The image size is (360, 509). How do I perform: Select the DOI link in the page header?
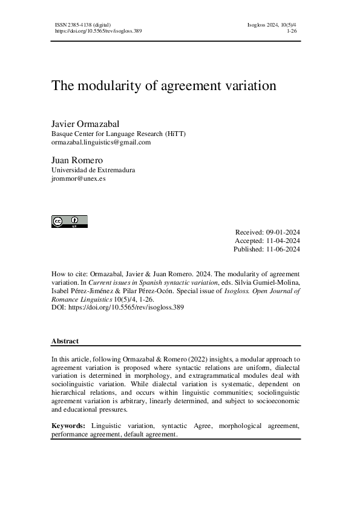(x=98, y=30)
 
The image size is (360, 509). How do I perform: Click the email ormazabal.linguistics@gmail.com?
(x=101, y=142)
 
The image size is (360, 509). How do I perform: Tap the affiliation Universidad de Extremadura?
(x=93, y=170)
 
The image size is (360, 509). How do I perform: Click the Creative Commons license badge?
(x=69, y=221)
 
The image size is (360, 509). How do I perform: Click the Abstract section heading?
(x=65, y=341)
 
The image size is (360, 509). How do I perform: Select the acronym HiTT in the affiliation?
(x=175, y=133)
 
